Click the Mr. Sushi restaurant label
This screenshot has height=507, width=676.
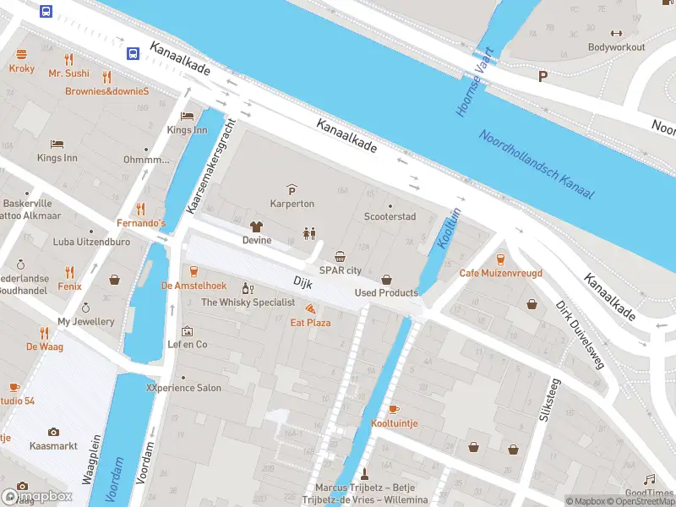point(68,74)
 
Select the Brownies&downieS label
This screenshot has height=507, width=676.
point(107,90)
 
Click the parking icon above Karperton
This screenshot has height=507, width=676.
point(292,189)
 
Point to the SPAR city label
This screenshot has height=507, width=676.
point(341,270)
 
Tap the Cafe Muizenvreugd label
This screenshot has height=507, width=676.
point(500,274)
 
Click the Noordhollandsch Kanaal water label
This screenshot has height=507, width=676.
point(537,165)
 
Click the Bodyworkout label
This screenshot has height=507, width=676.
point(616,47)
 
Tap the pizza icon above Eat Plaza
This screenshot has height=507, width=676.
point(310,308)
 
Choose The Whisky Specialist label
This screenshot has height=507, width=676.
point(248,303)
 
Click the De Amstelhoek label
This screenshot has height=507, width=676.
point(194,286)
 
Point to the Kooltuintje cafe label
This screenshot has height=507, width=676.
point(394,422)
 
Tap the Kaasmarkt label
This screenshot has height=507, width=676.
point(53,445)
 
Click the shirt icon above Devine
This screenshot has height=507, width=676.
point(257,226)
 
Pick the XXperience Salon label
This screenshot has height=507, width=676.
point(183,388)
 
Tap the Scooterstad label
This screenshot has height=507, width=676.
point(390,217)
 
